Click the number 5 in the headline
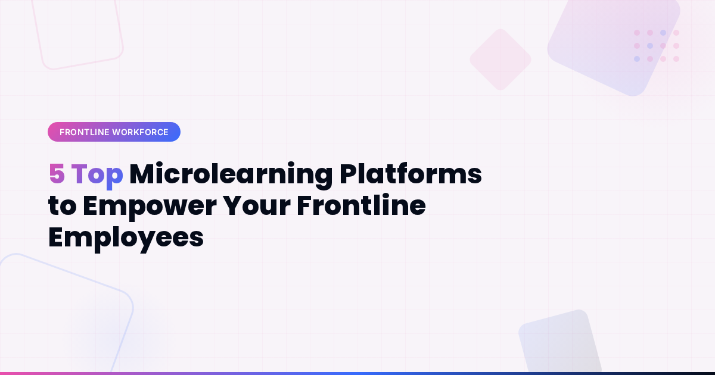[x=56, y=174]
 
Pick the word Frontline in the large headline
[x=361, y=206]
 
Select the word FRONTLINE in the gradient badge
[x=84, y=132]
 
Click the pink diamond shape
[x=500, y=60]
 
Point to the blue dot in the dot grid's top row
[x=663, y=33]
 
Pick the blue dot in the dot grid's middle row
[x=650, y=46]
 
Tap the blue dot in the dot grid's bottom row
[x=637, y=59]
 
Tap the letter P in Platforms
[x=349, y=174]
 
